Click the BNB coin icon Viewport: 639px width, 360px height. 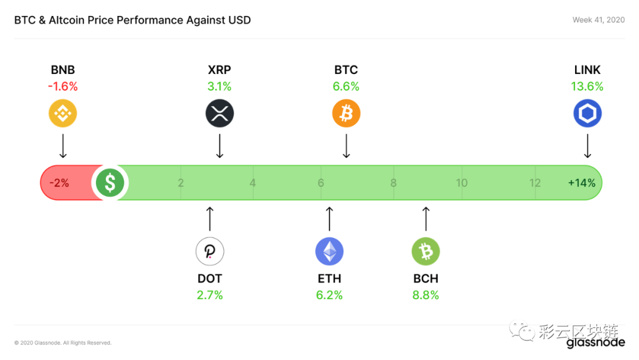tap(63, 113)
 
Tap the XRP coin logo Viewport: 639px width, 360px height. tap(220, 113)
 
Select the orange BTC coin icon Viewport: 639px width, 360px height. tap(346, 113)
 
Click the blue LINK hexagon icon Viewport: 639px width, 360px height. tap(588, 113)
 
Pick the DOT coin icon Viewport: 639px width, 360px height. tap(210, 251)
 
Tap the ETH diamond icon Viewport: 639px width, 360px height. tap(330, 251)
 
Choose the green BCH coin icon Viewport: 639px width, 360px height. tap(425, 251)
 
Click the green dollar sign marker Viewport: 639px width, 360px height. tap(110, 182)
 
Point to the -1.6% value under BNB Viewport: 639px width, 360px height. tap(63, 86)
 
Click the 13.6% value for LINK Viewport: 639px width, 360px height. tap(587, 86)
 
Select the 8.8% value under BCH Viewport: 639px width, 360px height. tap(425, 295)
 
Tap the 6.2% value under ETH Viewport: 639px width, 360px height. tap(330, 295)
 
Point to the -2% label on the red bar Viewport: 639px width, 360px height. tap(59, 183)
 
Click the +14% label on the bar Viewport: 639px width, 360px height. tap(582, 183)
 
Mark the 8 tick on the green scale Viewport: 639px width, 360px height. tap(393, 183)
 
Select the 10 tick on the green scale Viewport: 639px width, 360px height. tap(461, 183)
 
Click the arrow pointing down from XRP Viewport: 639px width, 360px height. tap(220, 146)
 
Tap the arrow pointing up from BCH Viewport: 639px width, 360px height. tap(426, 219)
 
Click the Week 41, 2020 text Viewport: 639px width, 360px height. tap(598, 20)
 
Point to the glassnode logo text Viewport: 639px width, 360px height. tap(595, 342)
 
